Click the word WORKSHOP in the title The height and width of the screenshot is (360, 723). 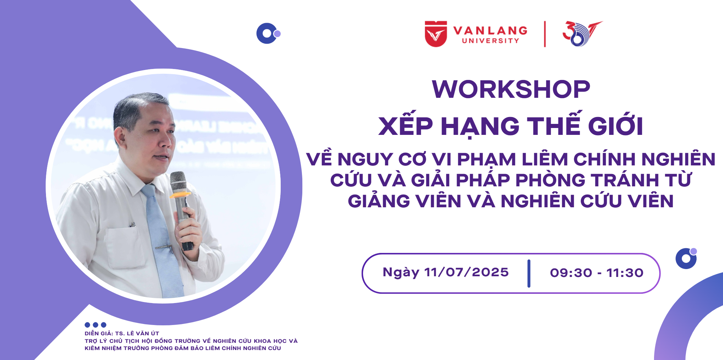coord(511,89)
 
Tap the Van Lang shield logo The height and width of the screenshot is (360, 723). coord(436,34)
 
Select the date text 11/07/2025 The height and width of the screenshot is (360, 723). coord(467,272)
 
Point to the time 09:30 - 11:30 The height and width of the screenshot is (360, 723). coord(597,273)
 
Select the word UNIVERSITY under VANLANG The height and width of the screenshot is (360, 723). coord(491,41)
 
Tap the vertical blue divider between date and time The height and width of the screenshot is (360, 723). coord(529,274)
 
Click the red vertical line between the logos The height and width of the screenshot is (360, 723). coord(545,34)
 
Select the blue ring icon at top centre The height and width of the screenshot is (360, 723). coord(267,33)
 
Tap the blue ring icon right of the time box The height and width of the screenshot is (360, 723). coord(686,258)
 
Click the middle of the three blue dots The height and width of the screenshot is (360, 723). coord(95,325)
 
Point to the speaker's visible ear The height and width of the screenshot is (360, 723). coord(120,136)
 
